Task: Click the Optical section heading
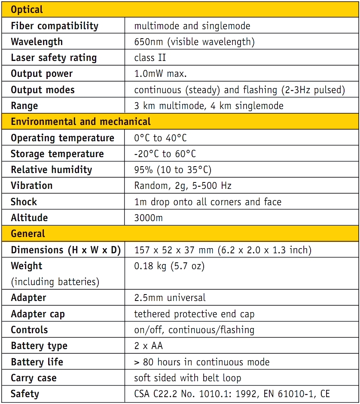27,9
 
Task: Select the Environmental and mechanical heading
80,122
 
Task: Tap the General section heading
28,234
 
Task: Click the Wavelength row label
37,42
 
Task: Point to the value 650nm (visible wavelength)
194,42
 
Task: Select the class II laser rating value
150,58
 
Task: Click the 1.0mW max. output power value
160,73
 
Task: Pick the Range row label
24,106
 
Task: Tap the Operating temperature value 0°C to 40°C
160,138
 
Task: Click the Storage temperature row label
57,154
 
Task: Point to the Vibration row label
31,185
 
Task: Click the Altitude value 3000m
148,218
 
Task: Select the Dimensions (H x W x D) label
66,250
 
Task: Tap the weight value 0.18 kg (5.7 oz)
169,266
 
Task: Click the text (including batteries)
55,282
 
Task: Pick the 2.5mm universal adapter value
170,298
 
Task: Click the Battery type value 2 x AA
149,346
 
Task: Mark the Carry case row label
34,378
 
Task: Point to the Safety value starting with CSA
232,394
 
